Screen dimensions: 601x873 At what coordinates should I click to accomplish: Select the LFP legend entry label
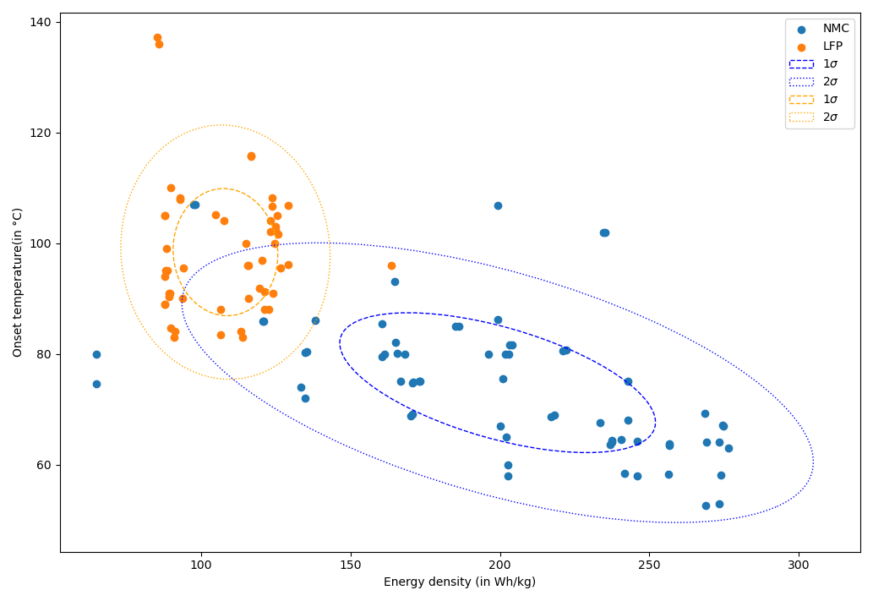[832, 46]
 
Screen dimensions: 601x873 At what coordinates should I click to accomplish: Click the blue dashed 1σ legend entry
[801, 64]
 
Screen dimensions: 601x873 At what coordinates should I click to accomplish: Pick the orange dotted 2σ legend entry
[801, 117]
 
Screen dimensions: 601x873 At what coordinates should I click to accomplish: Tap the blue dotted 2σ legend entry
[801, 82]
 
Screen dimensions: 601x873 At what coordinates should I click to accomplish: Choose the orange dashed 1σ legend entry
[801, 100]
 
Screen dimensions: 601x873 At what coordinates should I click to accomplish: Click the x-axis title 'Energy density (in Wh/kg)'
[460, 582]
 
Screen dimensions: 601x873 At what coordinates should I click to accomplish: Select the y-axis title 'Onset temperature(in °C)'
[18, 282]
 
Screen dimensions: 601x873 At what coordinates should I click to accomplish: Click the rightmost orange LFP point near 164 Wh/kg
[391, 265]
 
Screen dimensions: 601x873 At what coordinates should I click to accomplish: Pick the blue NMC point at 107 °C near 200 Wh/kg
[498, 205]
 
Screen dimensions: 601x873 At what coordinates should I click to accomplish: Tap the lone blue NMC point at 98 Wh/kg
[194, 205]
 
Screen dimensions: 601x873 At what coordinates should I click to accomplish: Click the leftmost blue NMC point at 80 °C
[96, 354]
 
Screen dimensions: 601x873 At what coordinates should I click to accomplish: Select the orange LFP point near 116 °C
[251, 156]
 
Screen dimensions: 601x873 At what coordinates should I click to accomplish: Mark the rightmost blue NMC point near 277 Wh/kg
[728, 448]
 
